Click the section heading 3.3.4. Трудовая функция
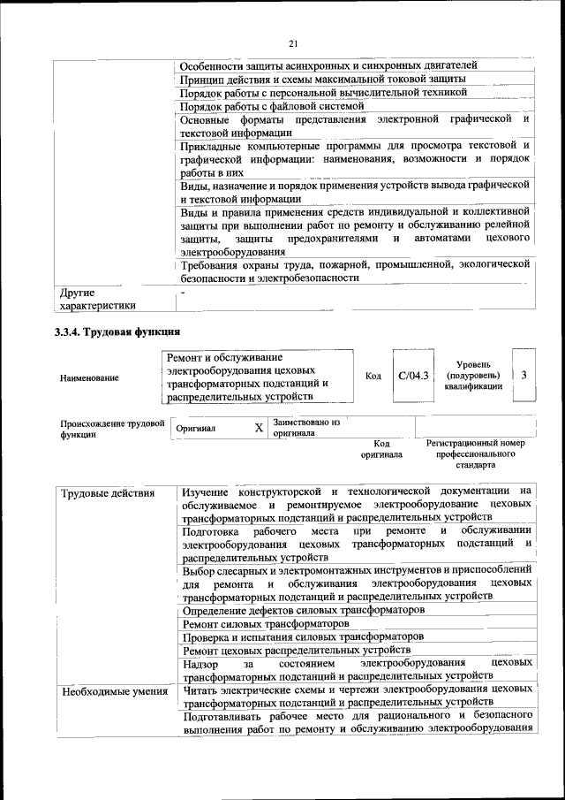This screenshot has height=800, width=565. point(117,332)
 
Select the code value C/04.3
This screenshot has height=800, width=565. point(413,376)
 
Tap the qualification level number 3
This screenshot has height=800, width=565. point(524,376)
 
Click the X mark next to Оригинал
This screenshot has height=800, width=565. point(259,428)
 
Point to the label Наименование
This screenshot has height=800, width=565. point(89,377)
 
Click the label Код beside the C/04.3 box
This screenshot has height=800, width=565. point(373,376)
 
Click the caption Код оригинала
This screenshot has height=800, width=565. point(381,449)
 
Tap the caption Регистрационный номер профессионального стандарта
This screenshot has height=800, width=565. point(475,453)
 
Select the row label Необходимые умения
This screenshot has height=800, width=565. point(115,691)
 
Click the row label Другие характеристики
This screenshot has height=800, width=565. point(97,299)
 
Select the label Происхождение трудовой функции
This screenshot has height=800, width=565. point(112,429)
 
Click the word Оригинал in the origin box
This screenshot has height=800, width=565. point(197,428)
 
